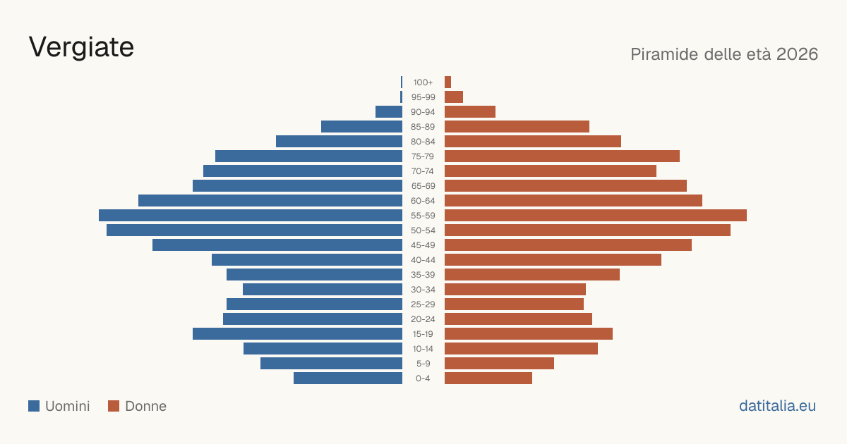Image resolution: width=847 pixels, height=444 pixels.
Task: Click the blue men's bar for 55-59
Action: tap(251, 215)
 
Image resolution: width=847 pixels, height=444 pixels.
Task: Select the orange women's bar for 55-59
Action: tap(596, 215)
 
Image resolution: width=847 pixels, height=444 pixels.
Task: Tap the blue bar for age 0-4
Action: tap(348, 378)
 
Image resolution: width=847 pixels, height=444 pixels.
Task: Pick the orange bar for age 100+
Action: tap(447, 82)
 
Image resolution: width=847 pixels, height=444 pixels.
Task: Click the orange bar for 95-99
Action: tap(454, 97)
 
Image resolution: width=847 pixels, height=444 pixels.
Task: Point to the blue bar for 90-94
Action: tap(389, 112)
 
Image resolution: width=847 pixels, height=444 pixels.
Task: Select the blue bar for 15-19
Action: tap(297, 334)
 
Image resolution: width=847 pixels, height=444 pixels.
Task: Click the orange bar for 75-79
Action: tap(562, 156)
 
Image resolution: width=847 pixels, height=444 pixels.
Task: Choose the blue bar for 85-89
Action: tap(361, 126)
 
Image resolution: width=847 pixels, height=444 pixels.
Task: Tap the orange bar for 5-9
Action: tap(499, 363)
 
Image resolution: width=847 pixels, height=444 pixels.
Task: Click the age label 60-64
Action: tap(423, 200)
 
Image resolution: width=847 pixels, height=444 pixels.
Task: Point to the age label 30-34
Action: tap(423, 290)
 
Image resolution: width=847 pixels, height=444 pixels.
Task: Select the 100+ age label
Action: tap(423, 82)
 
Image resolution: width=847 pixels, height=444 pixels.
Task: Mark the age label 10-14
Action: tap(423, 348)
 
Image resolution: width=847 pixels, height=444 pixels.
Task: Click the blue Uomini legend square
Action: tap(34, 406)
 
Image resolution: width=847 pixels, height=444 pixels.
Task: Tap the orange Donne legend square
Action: tap(114, 406)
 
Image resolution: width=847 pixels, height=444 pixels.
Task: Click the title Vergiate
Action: tap(81, 47)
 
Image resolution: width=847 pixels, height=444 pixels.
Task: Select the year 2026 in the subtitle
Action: tap(797, 54)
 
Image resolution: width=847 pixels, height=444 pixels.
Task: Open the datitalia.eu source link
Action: tap(777, 406)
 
